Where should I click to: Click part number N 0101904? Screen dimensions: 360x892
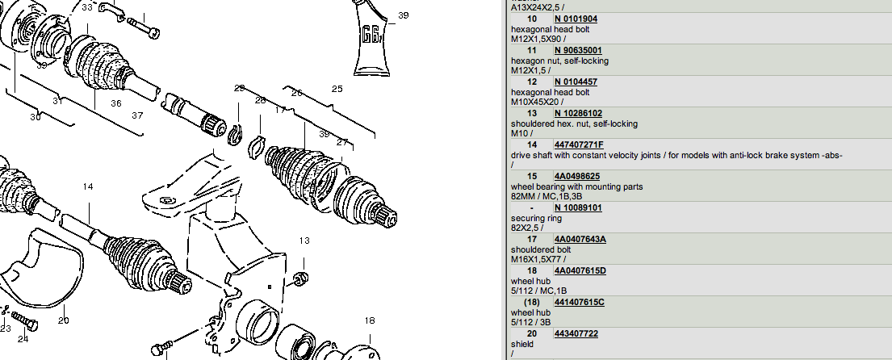(x=576, y=19)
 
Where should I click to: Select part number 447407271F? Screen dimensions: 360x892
(x=579, y=144)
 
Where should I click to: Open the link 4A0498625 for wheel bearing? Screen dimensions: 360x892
(x=576, y=176)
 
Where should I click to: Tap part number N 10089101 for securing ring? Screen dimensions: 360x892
(x=578, y=207)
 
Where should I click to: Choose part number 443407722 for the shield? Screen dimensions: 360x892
(x=576, y=333)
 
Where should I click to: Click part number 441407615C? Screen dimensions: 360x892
(x=579, y=302)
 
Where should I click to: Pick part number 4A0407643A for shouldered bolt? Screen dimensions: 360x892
(x=580, y=239)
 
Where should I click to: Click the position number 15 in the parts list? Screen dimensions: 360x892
(x=531, y=176)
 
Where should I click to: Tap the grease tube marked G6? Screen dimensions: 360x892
(x=371, y=37)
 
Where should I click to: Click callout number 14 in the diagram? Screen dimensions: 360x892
(x=88, y=186)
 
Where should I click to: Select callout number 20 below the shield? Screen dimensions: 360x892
(x=64, y=320)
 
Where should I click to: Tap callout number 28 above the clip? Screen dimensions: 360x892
(x=260, y=100)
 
